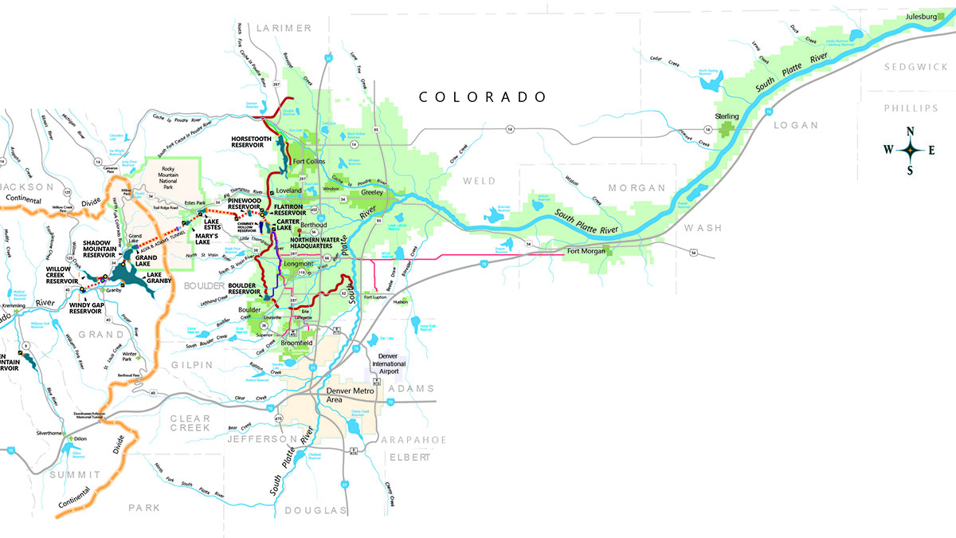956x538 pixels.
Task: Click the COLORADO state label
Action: coord(484,97)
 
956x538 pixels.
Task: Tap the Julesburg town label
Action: coord(922,17)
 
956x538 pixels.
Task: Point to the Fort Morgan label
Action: coord(586,252)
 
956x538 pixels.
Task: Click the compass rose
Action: coord(909,149)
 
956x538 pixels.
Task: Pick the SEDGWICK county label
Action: coord(917,67)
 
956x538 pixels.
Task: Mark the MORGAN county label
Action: coord(636,188)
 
